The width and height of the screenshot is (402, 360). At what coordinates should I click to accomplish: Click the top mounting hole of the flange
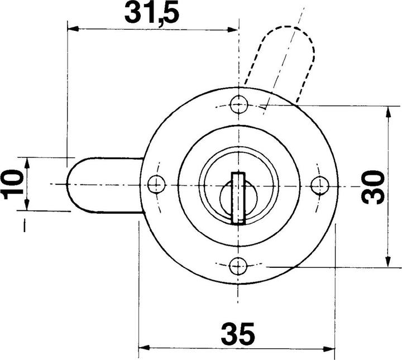239,104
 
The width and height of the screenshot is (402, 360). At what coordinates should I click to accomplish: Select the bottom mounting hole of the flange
239,265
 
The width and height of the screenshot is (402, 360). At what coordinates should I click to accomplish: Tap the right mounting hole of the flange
319,184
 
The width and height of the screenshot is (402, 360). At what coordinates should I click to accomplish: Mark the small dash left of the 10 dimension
25,226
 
